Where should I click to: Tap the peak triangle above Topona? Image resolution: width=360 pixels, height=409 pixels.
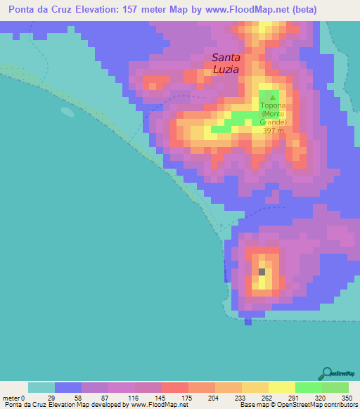[x=274, y=97]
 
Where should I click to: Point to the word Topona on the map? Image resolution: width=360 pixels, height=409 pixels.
[x=274, y=105]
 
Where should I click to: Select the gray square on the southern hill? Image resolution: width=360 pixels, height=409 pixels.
[x=262, y=271]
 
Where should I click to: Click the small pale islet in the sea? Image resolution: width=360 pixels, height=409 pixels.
[x=67, y=111]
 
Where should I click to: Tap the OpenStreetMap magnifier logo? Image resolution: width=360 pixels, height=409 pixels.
[x=326, y=372]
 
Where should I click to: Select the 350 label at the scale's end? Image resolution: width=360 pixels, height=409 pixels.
[x=345, y=397]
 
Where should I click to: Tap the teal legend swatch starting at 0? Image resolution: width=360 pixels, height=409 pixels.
[x=41, y=387]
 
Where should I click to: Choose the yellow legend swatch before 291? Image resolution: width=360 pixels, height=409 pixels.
[x=281, y=387]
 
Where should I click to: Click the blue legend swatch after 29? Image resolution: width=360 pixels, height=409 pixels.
[x=67, y=387]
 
